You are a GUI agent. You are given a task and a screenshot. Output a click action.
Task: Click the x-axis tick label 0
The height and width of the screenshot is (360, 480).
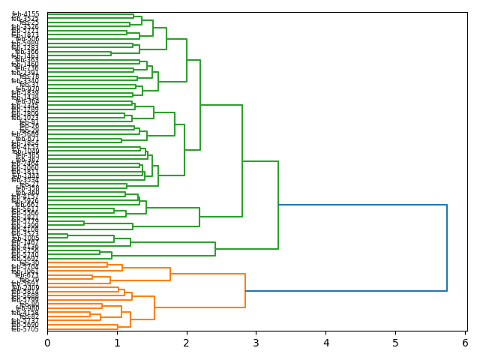click(47, 343)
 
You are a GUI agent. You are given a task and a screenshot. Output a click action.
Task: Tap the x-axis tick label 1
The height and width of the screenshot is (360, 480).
click(117, 343)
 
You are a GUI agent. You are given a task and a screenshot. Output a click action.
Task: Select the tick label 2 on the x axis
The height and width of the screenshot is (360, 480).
click(187, 343)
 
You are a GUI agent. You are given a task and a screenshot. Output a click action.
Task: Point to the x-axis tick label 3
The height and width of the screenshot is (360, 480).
click(256, 343)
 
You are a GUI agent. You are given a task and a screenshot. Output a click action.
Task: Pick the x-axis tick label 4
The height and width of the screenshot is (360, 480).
click(326, 343)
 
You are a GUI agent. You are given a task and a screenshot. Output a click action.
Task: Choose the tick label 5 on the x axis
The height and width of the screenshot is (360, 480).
click(395, 343)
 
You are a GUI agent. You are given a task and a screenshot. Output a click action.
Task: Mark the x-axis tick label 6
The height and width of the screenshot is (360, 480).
click(465, 343)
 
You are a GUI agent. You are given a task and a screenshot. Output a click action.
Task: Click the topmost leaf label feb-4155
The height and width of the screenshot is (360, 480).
click(25, 14)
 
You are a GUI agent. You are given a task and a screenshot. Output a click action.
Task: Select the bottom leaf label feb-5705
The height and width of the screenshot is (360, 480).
click(25, 329)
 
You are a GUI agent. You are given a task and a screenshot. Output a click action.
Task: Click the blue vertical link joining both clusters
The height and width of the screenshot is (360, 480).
click(447, 247)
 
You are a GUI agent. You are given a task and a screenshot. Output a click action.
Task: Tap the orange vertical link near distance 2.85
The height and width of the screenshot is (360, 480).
click(245, 291)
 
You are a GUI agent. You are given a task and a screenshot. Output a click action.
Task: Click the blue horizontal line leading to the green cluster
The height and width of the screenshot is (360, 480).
click(362, 205)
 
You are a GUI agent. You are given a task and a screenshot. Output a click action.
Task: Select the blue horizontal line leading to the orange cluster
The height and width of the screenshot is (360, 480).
click(346, 290)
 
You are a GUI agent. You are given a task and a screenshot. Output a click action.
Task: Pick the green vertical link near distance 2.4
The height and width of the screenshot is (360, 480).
click(215, 248)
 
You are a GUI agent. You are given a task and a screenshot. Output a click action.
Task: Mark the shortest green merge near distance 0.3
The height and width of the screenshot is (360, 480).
click(67, 235)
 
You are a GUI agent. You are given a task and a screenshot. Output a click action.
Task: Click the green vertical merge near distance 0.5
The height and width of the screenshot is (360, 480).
click(84, 223)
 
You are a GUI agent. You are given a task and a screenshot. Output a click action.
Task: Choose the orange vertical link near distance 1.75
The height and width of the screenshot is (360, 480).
click(170, 274)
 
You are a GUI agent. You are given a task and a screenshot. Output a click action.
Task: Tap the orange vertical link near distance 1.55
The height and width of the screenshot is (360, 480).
click(154, 307)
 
